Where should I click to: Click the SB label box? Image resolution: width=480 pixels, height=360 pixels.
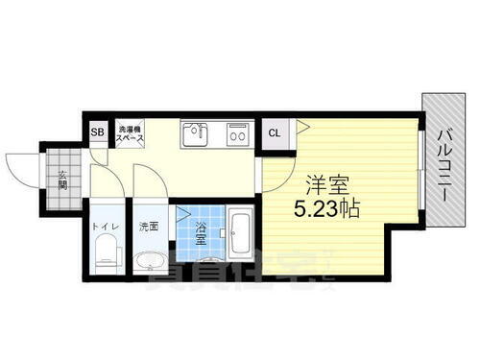pos(97,133)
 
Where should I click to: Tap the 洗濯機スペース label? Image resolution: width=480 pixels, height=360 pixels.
pos(131,133)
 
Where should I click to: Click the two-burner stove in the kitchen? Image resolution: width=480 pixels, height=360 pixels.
pos(236,133)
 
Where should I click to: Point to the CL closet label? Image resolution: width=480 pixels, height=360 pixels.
pos(275,133)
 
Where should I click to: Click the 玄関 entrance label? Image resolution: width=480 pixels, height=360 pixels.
pos(61,179)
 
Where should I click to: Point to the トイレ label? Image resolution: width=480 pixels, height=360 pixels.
pos(106,228)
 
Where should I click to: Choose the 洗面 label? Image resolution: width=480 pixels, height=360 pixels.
pos(148,228)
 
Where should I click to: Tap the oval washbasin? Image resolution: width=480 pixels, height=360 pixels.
pos(150,261)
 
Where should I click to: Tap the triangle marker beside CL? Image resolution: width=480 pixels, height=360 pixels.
pos(300,124)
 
